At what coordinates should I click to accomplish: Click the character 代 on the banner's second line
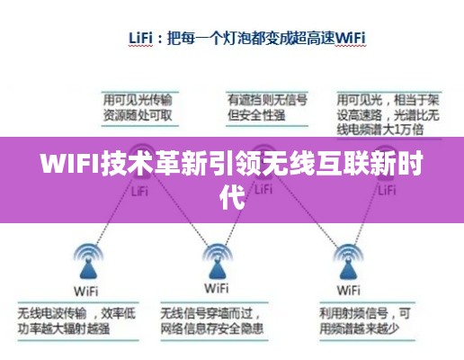[232, 195]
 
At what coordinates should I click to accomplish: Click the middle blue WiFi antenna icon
[217, 262]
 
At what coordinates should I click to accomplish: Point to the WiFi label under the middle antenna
[217, 289]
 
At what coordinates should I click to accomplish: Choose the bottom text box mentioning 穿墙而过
[217, 321]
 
